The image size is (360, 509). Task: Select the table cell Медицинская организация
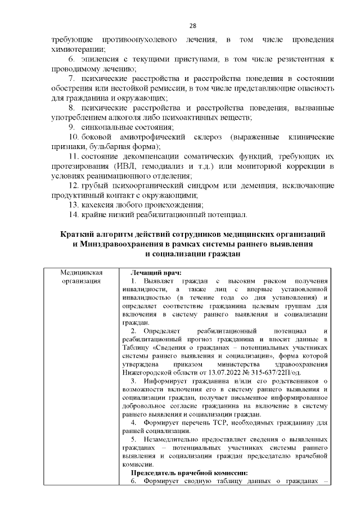[x=82, y=276]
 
